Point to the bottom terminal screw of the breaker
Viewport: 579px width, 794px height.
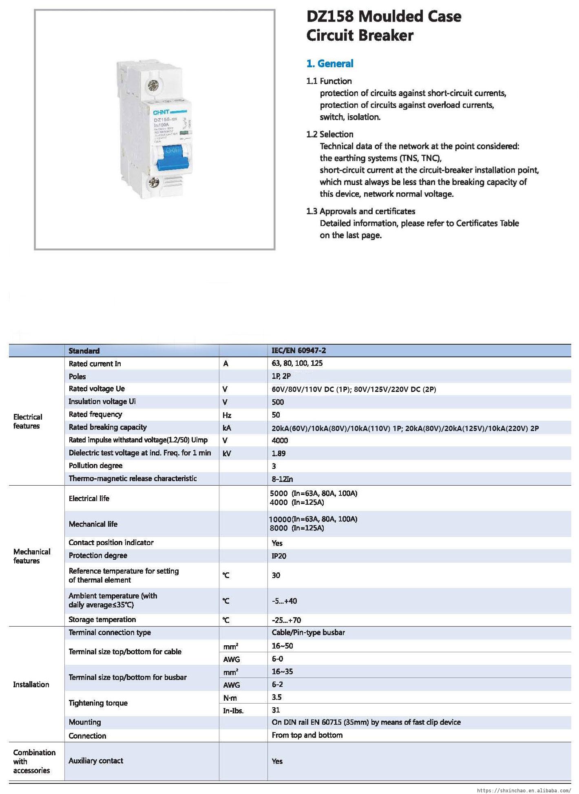coord(154,182)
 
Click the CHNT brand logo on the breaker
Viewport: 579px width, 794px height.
coord(161,112)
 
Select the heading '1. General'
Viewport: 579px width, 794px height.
coord(329,64)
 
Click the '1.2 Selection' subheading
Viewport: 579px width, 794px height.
coord(329,134)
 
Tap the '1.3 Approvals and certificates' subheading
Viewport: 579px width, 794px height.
coord(360,211)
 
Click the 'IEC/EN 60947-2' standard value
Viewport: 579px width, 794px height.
coord(298,350)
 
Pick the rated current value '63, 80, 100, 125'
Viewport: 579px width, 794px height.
coord(297,363)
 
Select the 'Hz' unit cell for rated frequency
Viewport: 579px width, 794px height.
coord(227,415)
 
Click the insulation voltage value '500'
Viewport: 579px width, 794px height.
coord(278,402)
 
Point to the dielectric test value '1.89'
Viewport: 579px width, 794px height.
coord(278,453)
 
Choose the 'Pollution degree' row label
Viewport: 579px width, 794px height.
coord(95,466)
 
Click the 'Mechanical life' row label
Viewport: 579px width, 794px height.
coord(93,524)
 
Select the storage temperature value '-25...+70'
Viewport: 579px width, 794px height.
coord(286,620)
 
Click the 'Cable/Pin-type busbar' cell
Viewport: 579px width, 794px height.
coord(308,632)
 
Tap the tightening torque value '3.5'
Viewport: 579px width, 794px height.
coord(276,697)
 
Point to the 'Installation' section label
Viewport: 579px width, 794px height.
coord(31,684)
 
